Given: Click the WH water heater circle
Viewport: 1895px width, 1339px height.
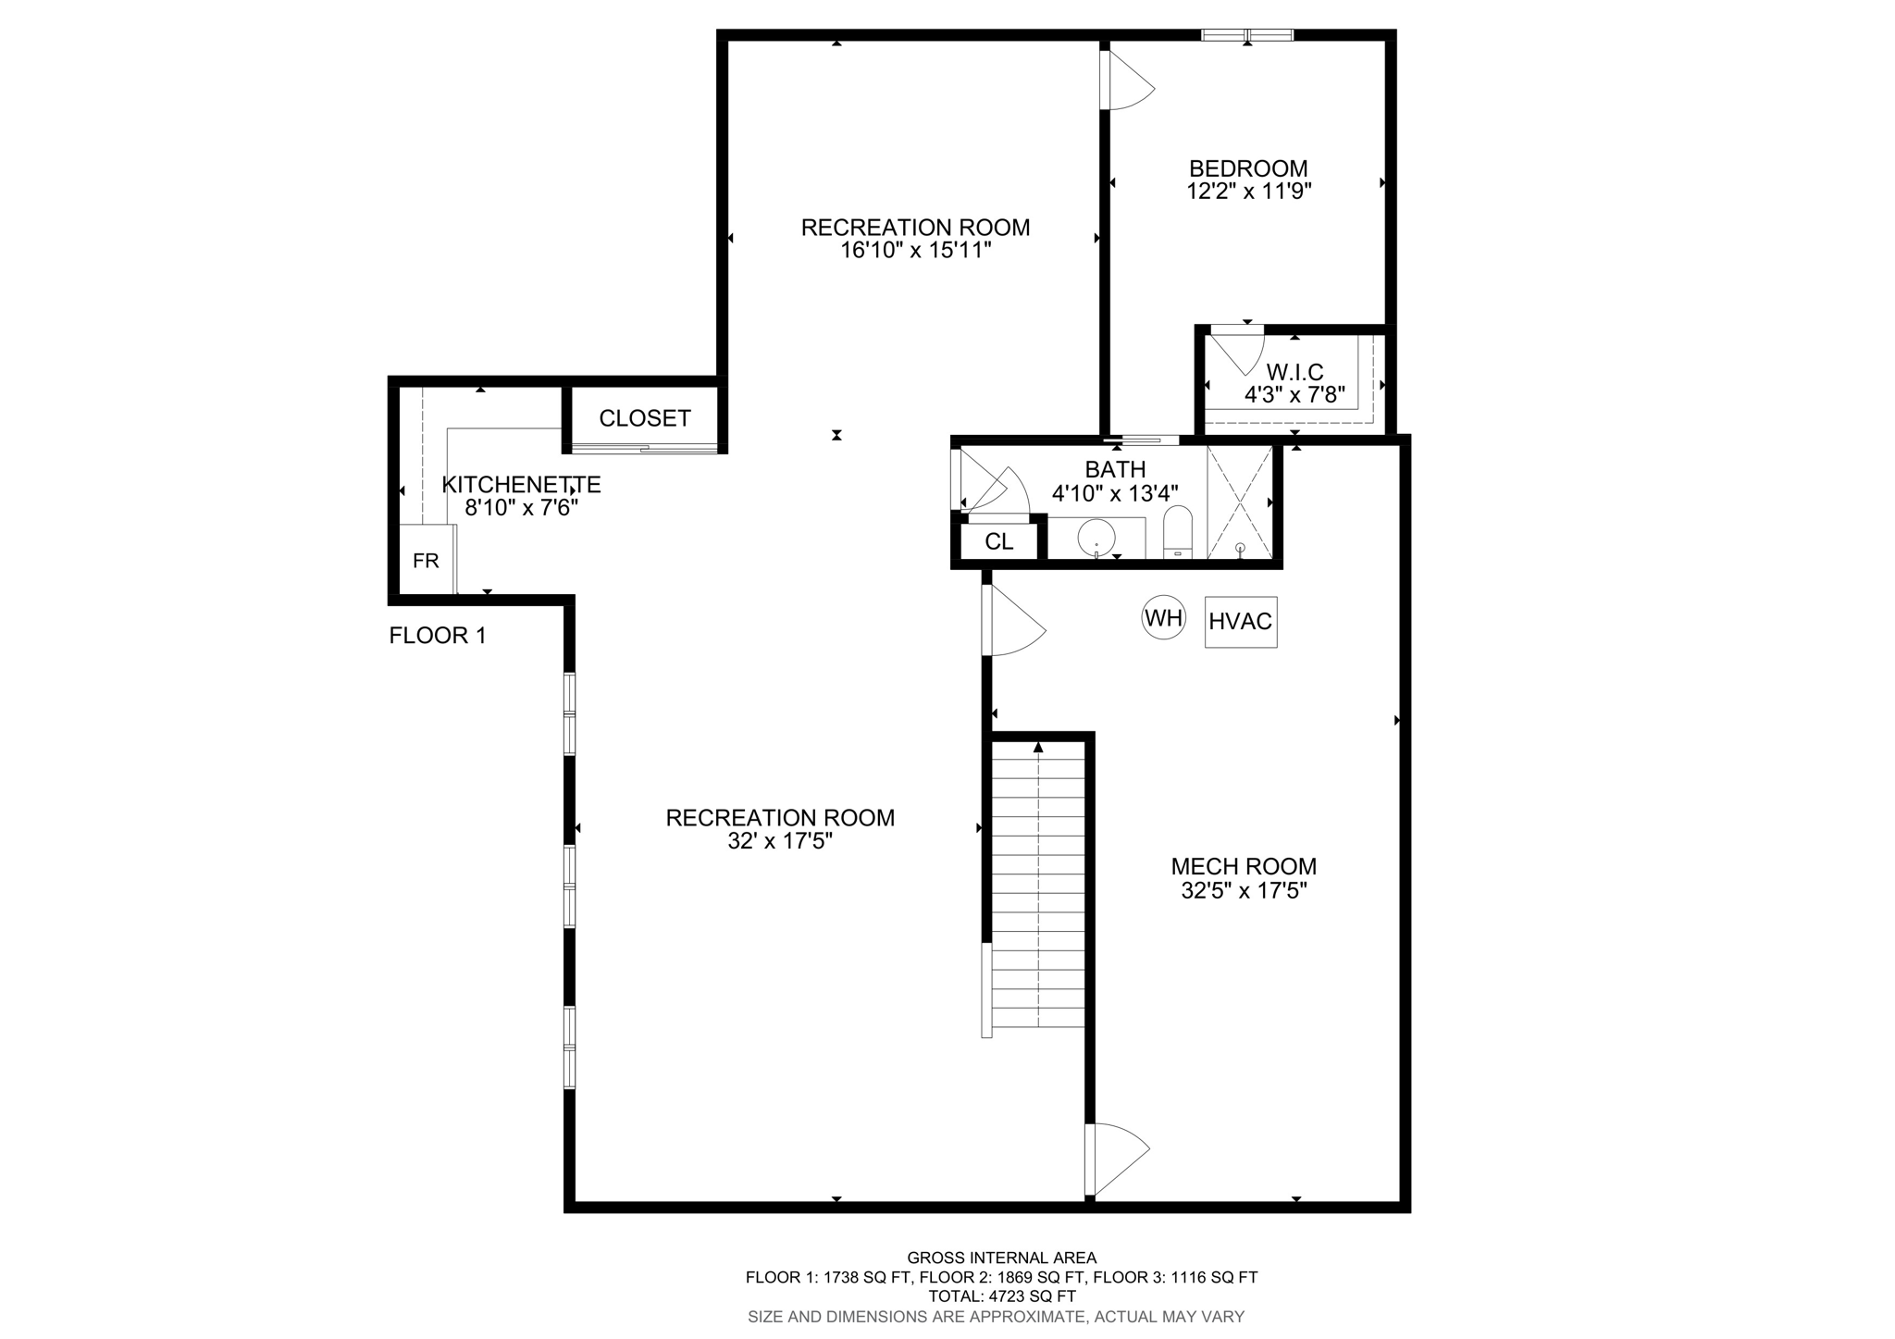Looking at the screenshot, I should (x=1163, y=618).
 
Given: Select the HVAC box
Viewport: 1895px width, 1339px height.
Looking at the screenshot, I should (x=1240, y=622).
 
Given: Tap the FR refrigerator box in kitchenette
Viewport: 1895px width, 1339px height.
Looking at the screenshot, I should (x=426, y=561).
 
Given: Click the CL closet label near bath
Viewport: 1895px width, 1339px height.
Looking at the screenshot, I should (x=998, y=542).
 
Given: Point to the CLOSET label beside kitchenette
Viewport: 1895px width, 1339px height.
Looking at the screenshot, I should (x=645, y=418).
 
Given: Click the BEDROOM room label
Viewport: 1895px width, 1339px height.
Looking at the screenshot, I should (x=1248, y=168).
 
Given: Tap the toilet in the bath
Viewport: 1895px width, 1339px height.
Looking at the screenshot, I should (x=1177, y=532).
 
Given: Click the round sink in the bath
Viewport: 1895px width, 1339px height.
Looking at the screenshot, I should (x=1096, y=536).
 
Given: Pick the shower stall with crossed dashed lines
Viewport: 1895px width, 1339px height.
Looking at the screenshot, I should (x=1239, y=502).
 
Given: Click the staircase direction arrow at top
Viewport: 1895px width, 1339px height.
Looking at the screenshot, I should (x=1038, y=747).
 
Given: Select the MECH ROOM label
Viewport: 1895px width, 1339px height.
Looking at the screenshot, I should (x=1244, y=866).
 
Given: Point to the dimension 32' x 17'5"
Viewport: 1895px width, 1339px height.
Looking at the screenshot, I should (x=780, y=841).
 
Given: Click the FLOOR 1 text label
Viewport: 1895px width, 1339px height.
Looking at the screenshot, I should (x=437, y=636).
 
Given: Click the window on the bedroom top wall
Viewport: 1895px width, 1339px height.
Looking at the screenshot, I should (x=1246, y=35).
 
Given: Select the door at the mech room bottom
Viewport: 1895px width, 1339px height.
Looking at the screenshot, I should (x=1117, y=1159).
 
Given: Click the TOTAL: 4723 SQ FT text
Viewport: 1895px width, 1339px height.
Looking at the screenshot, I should (x=1001, y=1296).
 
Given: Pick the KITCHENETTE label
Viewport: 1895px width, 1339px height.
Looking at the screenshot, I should (x=521, y=484).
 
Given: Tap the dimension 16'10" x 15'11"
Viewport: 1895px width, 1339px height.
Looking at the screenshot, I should (x=915, y=251).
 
